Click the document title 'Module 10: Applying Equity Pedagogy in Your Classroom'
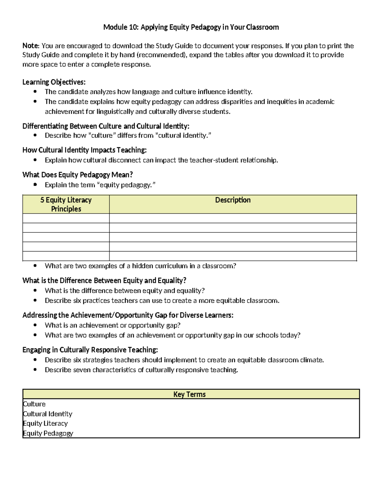click(x=191, y=27)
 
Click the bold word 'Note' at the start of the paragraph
click(x=30, y=46)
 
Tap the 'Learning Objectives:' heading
click(x=54, y=82)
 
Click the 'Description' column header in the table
click(x=233, y=200)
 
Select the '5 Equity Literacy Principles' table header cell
click(x=66, y=204)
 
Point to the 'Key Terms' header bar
click(x=189, y=394)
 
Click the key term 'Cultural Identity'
click(x=48, y=414)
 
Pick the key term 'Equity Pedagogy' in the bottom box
click(x=48, y=433)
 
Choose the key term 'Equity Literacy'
click(x=46, y=423)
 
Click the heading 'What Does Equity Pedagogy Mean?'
click(x=77, y=175)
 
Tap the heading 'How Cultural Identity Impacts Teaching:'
click(x=84, y=150)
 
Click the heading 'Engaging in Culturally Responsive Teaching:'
click(x=90, y=350)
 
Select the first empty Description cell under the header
click(x=233, y=218)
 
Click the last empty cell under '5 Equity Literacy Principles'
click(x=66, y=256)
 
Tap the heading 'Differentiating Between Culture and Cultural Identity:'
click(x=106, y=126)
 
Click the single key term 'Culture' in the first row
click(x=34, y=404)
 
